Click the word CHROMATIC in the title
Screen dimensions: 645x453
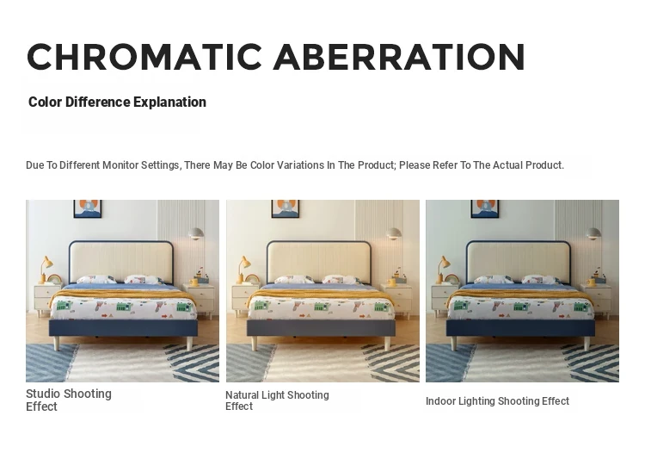click(x=144, y=57)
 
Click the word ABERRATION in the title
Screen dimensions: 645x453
click(x=399, y=57)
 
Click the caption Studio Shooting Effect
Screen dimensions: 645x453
click(x=69, y=400)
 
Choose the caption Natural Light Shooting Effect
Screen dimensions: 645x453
click(x=277, y=400)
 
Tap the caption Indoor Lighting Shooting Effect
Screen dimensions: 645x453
click(x=497, y=401)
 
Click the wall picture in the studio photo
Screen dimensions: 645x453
click(x=87, y=208)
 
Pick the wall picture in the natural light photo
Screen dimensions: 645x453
click(x=286, y=208)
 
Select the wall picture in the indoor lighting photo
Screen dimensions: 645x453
click(x=485, y=208)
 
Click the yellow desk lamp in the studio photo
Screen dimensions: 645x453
click(x=46, y=270)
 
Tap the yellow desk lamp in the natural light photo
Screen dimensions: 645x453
click(x=243, y=270)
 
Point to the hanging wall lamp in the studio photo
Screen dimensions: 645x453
click(x=196, y=233)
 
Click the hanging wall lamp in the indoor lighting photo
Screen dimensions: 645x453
click(x=593, y=233)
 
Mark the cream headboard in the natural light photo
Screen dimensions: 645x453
click(x=319, y=263)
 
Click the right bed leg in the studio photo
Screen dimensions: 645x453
click(x=190, y=343)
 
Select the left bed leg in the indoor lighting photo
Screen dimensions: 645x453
click(x=454, y=343)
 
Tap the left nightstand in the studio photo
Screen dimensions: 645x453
click(x=46, y=300)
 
